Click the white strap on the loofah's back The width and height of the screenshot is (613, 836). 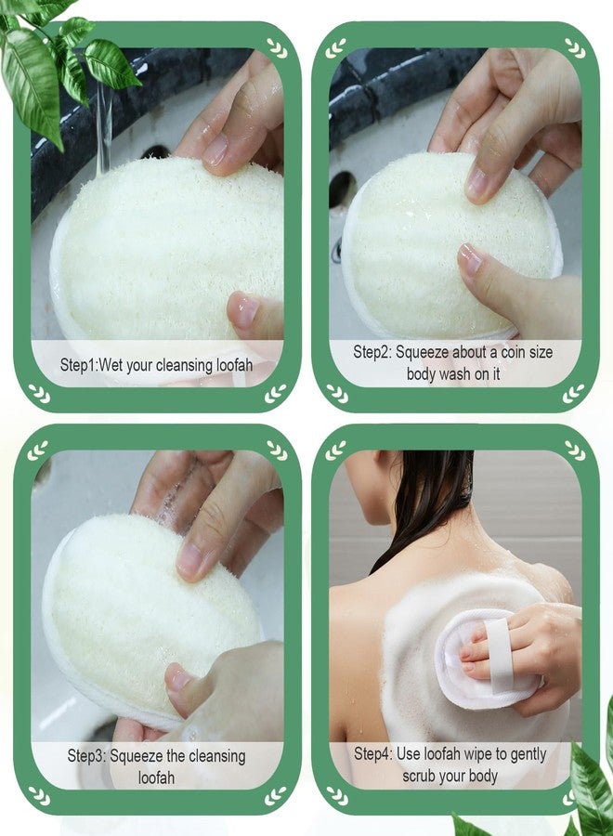501,656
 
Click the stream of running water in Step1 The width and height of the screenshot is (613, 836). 104,128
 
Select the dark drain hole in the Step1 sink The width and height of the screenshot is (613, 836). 154,152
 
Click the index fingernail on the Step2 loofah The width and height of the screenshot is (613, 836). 478,182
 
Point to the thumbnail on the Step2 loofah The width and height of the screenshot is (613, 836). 470,258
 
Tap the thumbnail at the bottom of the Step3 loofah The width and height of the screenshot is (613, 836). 178,678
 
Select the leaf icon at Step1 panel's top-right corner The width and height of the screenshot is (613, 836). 277,47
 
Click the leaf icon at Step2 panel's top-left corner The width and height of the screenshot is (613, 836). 335,48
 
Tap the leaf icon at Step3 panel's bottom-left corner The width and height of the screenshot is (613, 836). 39,795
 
